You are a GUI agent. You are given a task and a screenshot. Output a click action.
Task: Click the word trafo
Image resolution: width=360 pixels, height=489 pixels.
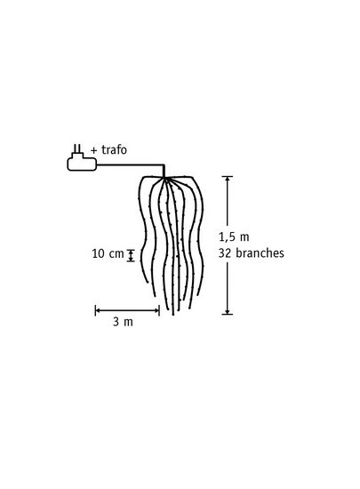tap(114, 150)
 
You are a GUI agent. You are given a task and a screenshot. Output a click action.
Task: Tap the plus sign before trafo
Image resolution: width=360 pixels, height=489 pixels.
tap(94, 150)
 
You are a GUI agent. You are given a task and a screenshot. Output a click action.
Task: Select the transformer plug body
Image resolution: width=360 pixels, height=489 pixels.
tap(82, 162)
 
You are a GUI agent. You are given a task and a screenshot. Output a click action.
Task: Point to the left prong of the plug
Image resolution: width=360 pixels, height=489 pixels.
tap(75, 148)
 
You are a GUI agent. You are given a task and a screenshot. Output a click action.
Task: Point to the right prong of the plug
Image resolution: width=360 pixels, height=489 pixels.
tap(80, 148)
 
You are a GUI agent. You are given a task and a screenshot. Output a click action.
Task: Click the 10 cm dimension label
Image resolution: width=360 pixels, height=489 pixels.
tap(108, 253)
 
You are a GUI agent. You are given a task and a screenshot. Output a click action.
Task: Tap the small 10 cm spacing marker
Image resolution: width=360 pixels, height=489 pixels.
tap(131, 255)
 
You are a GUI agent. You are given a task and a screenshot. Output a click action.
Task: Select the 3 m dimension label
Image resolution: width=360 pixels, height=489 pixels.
tap(123, 322)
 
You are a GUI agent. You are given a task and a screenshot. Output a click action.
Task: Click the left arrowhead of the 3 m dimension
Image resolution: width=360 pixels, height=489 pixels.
tap(98, 310)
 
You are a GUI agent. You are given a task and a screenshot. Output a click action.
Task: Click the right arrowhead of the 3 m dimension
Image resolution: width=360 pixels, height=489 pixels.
tap(157, 310)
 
